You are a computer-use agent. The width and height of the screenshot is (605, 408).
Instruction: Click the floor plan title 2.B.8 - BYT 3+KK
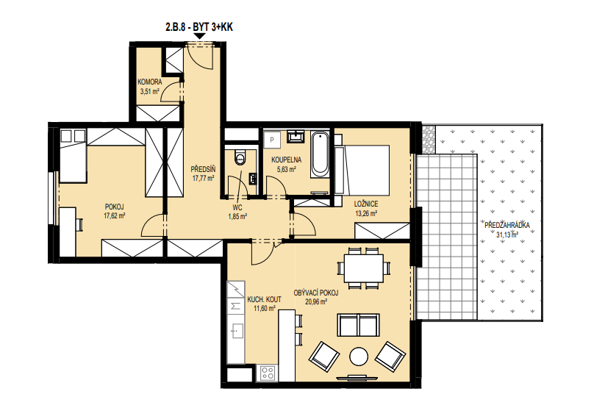pos(199,27)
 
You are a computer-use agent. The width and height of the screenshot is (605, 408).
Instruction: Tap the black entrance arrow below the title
pos(199,36)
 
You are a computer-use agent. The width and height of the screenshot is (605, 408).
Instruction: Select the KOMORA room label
pos(150,82)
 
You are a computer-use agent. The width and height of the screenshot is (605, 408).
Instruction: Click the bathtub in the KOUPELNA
pos(320,155)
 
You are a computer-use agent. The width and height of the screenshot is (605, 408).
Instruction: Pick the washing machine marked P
pos(272,140)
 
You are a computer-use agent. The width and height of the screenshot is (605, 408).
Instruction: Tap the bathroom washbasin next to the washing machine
pos(296,136)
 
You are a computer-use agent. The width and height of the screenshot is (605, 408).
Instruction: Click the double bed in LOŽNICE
pos(362,170)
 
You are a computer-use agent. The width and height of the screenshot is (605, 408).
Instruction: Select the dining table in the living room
pos(363,268)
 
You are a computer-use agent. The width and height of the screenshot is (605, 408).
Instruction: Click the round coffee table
pos(359,357)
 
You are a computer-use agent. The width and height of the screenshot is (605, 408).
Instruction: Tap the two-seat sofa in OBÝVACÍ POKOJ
pos(359,325)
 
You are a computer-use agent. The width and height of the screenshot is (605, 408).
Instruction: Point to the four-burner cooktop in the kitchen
pos(268,373)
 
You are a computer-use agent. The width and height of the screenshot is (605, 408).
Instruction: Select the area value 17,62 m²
pos(114,216)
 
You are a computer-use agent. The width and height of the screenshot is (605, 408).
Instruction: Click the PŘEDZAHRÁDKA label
pos(507,226)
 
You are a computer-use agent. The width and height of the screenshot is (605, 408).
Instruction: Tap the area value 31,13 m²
pos(507,234)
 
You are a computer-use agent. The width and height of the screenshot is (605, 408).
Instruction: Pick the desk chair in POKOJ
pos(79,224)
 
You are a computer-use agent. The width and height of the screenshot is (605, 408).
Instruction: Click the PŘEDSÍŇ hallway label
pos(203,170)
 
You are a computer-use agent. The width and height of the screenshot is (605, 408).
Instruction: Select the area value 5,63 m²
pos(286,169)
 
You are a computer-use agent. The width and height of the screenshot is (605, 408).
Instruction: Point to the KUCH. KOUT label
pos(265,299)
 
